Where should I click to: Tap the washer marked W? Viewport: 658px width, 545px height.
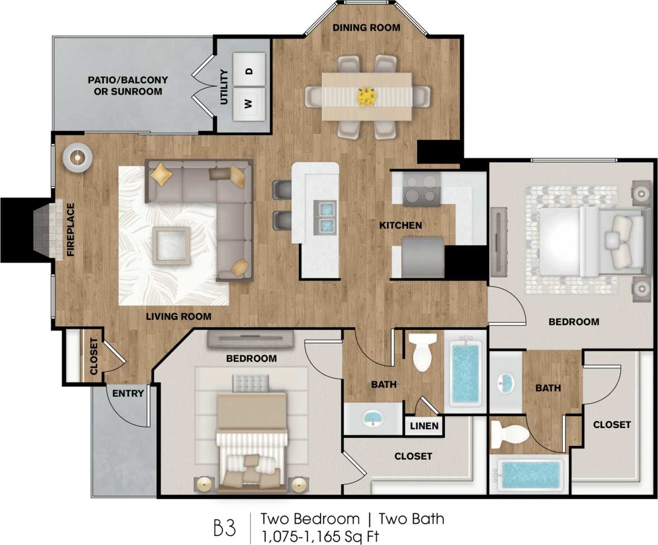coord(249,104)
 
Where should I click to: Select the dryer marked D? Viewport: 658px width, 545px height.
coord(249,71)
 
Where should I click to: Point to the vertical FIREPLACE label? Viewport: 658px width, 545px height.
coord(71,229)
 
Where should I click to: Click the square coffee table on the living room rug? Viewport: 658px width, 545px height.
coord(171,245)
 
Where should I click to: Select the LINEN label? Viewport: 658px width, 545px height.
coord(425,426)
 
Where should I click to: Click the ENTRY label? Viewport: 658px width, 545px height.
coord(128,393)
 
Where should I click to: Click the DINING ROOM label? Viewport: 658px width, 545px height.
coord(366,27)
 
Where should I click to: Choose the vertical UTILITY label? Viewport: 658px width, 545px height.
coord(224,87)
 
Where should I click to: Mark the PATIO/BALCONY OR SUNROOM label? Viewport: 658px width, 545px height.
coord(128,85)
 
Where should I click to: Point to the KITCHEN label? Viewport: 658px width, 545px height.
coord(400,226)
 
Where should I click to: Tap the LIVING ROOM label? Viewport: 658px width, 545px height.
coord(178,317)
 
